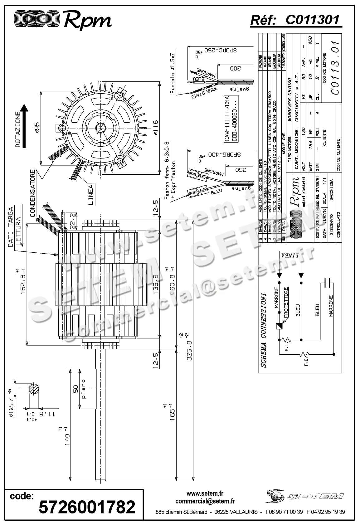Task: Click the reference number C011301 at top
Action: click(x=312, y=20)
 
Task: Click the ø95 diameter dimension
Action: click(x=36, y=128)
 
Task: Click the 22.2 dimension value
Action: click(x=72, y=220)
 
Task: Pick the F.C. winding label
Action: click(x=305, y=362)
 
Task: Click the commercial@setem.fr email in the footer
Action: click(x=205, y=501)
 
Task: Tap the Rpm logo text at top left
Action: click(x=87, y=21)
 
